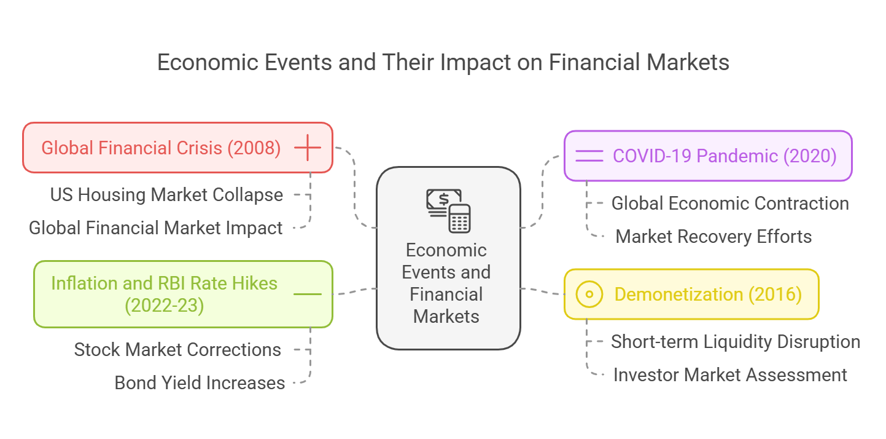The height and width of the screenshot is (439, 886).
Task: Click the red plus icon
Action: point(308,148)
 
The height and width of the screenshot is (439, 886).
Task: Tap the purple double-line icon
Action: point(589,156)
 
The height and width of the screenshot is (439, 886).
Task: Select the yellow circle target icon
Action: point(589,294)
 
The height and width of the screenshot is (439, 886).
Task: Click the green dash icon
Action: point(308,294)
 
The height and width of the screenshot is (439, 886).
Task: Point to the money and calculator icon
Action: point(448,210)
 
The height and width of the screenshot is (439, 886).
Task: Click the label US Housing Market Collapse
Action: point(166,195)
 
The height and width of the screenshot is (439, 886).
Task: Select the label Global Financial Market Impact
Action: point(155,228)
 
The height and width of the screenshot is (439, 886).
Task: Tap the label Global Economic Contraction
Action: point(730,204)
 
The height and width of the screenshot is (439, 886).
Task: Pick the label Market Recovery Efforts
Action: point(713,237)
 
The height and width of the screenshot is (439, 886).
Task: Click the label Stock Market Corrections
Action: point(177,350)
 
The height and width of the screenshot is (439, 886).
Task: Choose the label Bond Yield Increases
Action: point(200,383)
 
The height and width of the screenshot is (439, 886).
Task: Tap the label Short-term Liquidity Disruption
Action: point(736,342)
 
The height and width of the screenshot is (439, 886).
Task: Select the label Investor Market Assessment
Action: point(730,375)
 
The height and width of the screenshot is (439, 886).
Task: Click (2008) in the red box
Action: point(254,148)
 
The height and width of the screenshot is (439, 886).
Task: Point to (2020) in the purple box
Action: point(810,156)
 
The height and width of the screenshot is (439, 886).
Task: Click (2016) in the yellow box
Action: point(775,295)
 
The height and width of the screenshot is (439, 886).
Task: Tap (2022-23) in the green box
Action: point(164,306)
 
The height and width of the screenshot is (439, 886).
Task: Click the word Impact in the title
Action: point(475,63)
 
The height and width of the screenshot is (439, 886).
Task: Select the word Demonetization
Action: point(678,295)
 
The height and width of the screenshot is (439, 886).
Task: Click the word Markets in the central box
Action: point(446,317)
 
